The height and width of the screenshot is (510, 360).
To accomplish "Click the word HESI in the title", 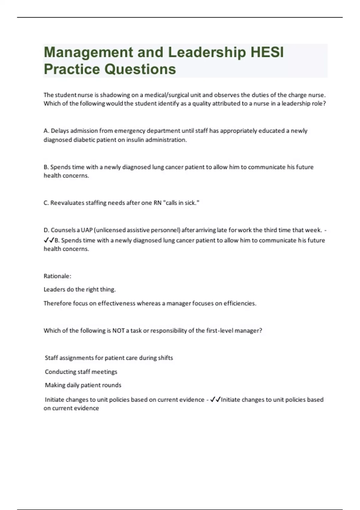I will pos(267,52).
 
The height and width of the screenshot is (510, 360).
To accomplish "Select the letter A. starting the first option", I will pos(46,131).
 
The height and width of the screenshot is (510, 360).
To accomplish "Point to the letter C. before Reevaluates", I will pos(46,203).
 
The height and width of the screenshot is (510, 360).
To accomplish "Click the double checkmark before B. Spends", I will pos(49,240).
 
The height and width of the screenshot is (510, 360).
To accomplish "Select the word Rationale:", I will pos(57,276).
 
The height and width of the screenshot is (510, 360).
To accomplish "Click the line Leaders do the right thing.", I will pos(79,289).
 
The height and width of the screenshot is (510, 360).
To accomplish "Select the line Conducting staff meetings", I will pos(81,372).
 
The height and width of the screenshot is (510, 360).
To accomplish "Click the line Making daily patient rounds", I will pos(83,385).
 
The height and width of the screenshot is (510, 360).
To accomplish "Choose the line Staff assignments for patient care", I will pos(109,358).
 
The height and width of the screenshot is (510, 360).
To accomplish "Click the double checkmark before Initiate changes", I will pos(215,400).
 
